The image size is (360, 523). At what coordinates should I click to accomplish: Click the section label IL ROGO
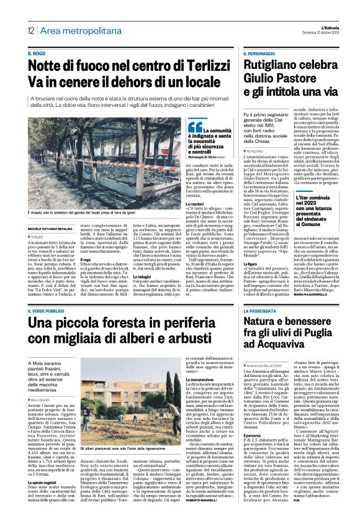[37, 54]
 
